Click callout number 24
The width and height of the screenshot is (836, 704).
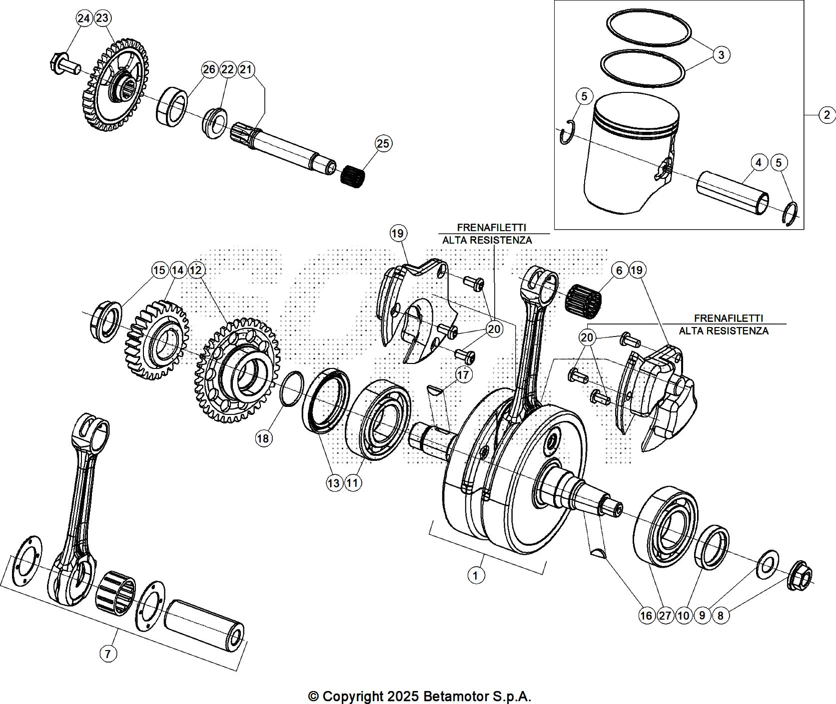(84, 18)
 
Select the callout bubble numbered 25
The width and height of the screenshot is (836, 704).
(383, 144)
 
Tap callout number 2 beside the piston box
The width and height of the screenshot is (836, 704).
(827, 115)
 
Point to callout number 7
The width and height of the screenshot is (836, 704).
(109, 654)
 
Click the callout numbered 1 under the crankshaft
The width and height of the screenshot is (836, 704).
(476, 576)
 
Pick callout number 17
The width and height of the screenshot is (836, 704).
(464, 374)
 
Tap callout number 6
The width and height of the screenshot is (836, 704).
(619, 271)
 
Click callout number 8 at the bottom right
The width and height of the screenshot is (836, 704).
(720, 616)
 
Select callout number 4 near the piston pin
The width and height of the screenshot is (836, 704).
(759, 162)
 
